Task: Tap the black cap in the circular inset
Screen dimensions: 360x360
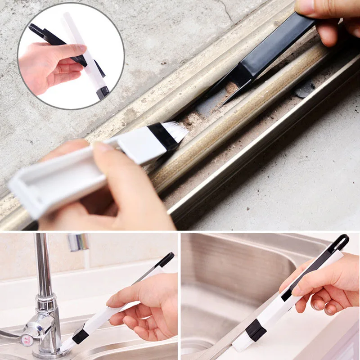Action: pos(103,93)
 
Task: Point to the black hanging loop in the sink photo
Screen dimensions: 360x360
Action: pos(341,243)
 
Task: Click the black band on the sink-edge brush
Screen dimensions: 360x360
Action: pos(256,330)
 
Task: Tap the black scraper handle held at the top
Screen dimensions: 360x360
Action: pos(279,45)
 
